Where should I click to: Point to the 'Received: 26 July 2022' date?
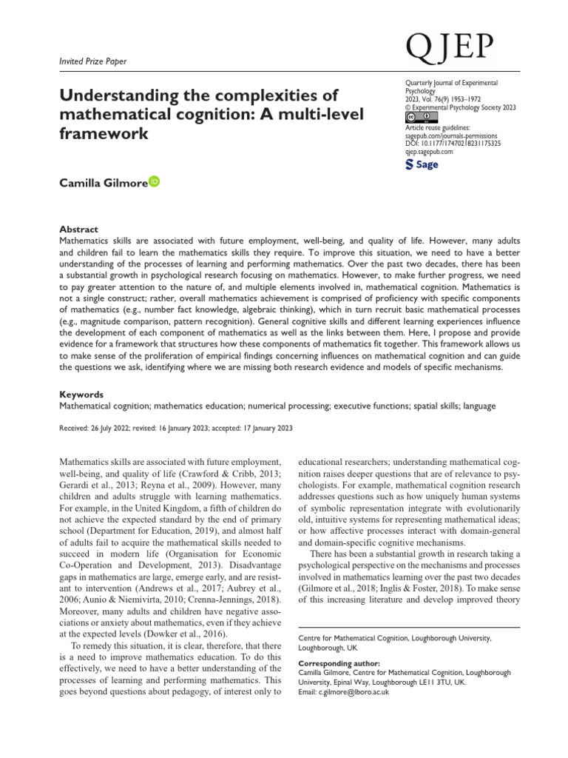(99, 428)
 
